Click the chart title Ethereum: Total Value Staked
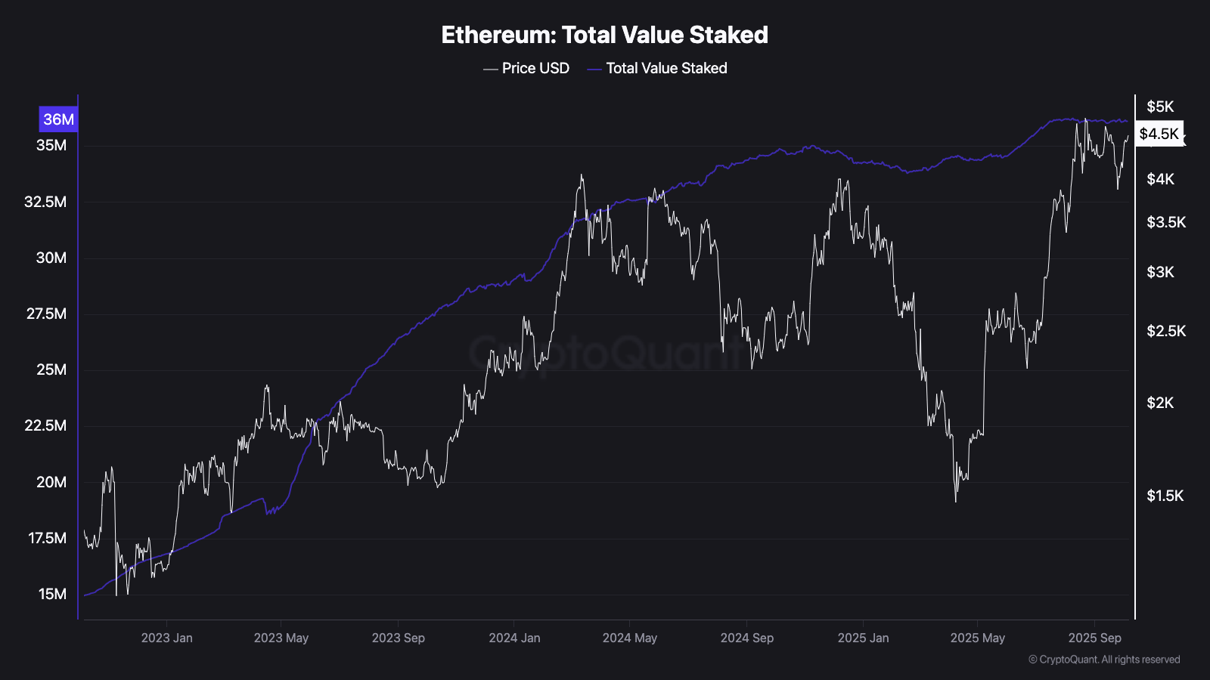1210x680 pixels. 604,35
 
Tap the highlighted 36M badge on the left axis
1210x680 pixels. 58,119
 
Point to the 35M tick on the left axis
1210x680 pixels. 51,145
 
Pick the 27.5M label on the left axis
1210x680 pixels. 46,314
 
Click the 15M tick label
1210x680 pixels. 52,594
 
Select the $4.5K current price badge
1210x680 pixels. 1159,134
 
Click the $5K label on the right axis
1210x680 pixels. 1160,107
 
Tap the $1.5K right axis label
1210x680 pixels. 1165,496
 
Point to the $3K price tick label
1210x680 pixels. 1160,272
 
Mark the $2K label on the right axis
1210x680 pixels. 1160,403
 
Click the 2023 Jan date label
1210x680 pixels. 166,638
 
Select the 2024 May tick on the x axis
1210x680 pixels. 629,638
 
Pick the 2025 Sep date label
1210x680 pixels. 1094,638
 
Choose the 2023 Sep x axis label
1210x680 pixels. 398,638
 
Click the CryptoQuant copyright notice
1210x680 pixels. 1104,660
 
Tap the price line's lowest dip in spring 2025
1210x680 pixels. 956,501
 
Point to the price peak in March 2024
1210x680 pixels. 582,175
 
